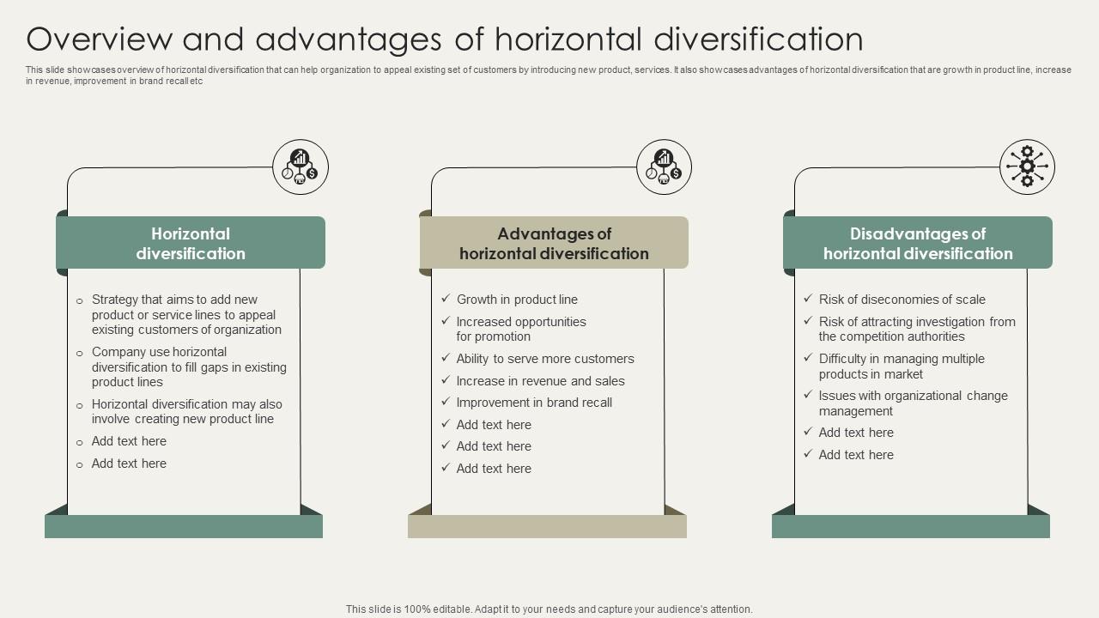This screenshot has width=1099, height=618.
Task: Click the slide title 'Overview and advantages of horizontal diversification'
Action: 445,39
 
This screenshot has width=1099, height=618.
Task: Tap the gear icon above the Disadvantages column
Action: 1027,167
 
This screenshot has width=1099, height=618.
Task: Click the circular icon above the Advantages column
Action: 664,167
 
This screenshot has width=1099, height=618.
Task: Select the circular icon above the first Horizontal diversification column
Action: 301,167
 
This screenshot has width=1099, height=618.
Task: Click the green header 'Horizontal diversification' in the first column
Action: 191,243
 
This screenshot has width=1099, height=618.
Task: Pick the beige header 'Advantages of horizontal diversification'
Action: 554,243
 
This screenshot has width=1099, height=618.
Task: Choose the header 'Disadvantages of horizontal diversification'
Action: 918,243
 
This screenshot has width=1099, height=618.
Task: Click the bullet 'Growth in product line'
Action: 517,300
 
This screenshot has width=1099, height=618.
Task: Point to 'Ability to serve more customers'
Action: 545,359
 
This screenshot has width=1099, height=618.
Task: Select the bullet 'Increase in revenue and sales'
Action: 541,381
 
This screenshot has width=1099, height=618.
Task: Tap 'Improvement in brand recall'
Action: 534,403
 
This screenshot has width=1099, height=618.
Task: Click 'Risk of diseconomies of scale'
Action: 902,300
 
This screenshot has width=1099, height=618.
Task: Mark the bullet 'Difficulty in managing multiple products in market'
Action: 902,367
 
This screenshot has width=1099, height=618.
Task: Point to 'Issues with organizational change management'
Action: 914,403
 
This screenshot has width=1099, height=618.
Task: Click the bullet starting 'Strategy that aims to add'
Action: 186,314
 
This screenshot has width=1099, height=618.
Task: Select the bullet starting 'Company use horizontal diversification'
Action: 189,367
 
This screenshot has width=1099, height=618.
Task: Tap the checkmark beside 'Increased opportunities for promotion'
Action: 446,321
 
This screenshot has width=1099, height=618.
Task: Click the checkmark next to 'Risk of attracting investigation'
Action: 808,321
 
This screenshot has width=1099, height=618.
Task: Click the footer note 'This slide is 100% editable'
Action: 549,609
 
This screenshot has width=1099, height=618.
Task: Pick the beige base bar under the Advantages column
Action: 547,526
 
